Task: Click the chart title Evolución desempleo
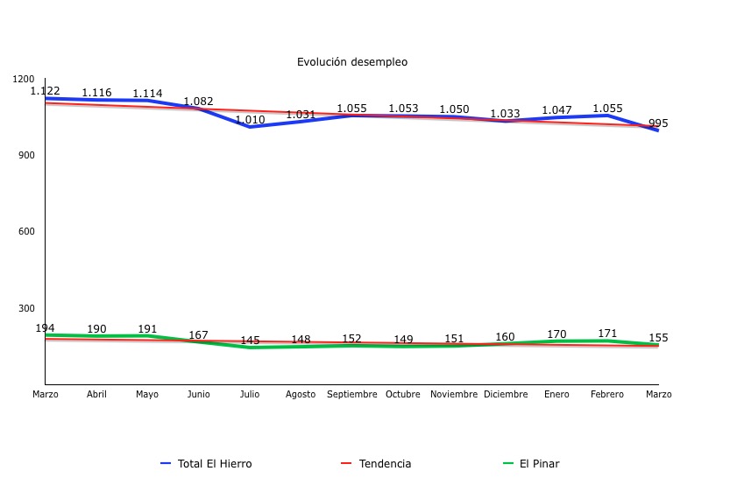[x=351, y=62]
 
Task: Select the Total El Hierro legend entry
[x=214, y=464]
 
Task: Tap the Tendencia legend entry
[x=385, y=464]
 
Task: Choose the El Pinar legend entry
[x=539, y=464]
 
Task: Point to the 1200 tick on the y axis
[x=25, y=79]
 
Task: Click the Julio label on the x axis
[x=250, y=395]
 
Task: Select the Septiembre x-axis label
[x=352, y=395]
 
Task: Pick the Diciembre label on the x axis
[x=506, y=395]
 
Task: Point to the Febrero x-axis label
[x=607, y=395]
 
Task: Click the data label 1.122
[x=46, y=91]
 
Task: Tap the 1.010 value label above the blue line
[x=250, y=120]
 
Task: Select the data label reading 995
[x=658, y=123]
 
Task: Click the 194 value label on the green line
[x=45, y=328]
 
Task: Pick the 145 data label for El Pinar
[x=250, y=341]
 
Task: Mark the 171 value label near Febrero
[x=607, y=334]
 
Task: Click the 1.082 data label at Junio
[x=198, y=102]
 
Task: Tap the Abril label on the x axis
[x=96, y=395]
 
